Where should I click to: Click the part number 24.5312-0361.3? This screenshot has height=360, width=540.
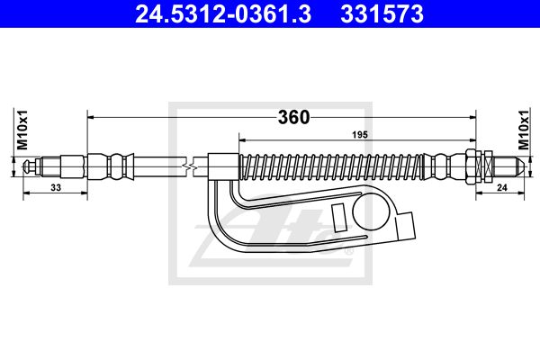tap(223, 14)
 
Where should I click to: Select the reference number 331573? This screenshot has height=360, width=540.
tap(382, 14)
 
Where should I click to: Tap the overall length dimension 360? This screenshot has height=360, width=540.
tap(293, 118)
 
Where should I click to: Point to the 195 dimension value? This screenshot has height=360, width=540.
tap(360, 135)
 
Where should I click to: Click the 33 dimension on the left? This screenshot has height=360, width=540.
tap(56, 187)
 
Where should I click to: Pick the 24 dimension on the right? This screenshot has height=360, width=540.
tap(502, 187)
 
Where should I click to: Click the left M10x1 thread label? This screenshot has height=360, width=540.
tap(22, 130)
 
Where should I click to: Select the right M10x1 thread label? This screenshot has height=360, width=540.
tap(524, 130)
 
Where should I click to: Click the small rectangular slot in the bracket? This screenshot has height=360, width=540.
tap(338, 218)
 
